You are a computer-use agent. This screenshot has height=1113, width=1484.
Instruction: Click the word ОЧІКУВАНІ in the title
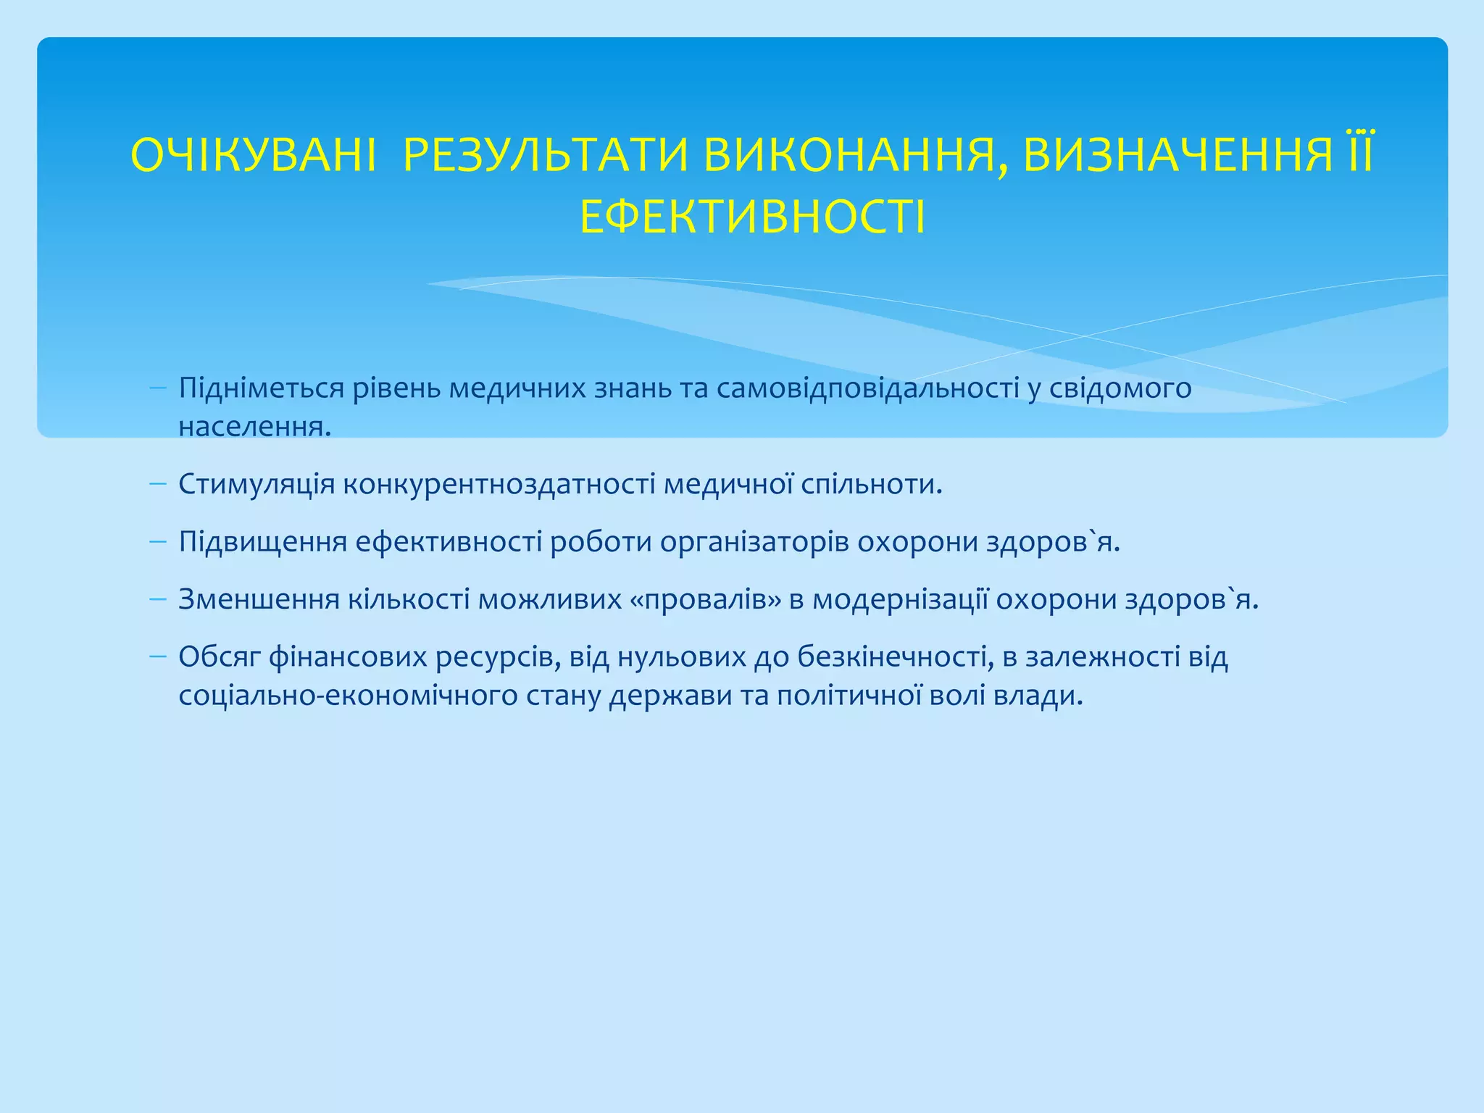click(x=254, y=156)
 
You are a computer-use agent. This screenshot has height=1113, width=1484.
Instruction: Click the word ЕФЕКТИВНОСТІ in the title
click(x=752, y=217)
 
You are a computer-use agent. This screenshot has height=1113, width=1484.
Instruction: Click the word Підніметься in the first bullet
click(x=261, y=389)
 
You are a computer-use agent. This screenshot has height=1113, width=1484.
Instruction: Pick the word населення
click(x=254, y=427)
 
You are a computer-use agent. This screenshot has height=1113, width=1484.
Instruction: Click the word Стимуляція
click(x=257, y=484)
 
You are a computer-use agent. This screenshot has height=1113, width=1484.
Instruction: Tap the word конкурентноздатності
click(x=499, y=484)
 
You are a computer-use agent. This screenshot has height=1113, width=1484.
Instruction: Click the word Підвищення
click(x=262, y=542)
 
